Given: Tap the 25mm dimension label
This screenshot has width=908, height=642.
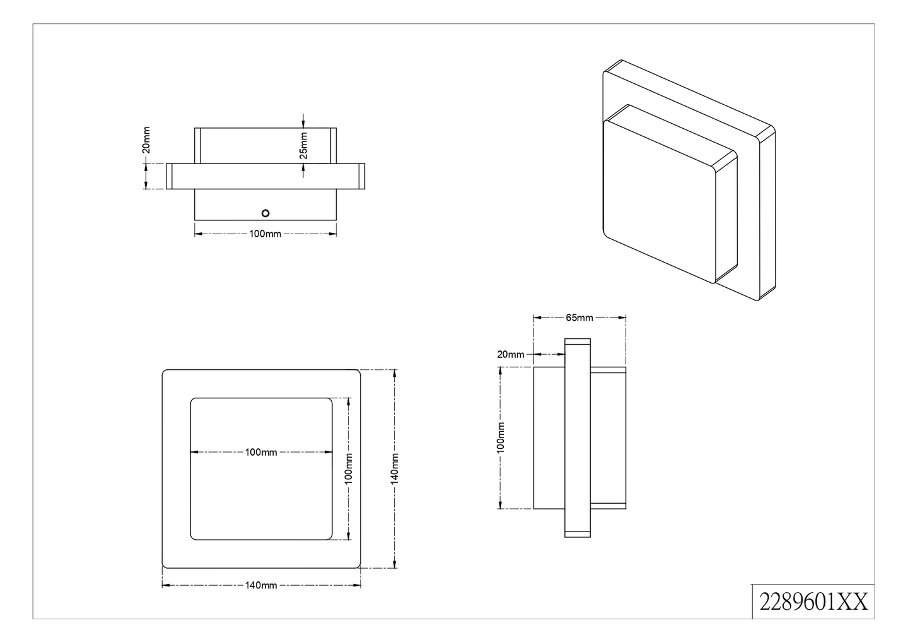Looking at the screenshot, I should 303,145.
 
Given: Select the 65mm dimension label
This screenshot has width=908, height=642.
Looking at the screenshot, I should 579,318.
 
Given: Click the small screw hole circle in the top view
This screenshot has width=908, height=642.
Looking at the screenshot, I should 265,212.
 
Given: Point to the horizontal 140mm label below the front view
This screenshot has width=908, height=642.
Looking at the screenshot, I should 261,585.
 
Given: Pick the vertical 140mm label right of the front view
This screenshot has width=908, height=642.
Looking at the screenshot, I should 395,468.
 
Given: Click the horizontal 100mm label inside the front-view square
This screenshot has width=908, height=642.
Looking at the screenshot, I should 261,452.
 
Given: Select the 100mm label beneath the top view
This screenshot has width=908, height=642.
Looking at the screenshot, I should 265,234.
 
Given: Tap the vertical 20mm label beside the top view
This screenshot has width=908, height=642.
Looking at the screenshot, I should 146,140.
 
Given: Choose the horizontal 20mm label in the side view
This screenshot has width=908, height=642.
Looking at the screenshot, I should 510,354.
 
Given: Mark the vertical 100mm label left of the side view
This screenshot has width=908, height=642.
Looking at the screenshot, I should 501,437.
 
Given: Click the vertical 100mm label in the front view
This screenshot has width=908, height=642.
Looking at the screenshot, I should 349,468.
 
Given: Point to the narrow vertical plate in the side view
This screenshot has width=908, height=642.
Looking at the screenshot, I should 577,438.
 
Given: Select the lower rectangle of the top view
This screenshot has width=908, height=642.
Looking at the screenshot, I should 265,205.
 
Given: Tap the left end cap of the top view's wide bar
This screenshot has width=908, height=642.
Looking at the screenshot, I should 170,176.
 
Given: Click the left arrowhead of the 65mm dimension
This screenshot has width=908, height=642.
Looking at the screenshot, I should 537,318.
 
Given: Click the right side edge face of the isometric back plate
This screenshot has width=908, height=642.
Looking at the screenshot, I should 767,215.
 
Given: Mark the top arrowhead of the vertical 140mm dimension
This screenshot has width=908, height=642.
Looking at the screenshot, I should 395,373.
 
